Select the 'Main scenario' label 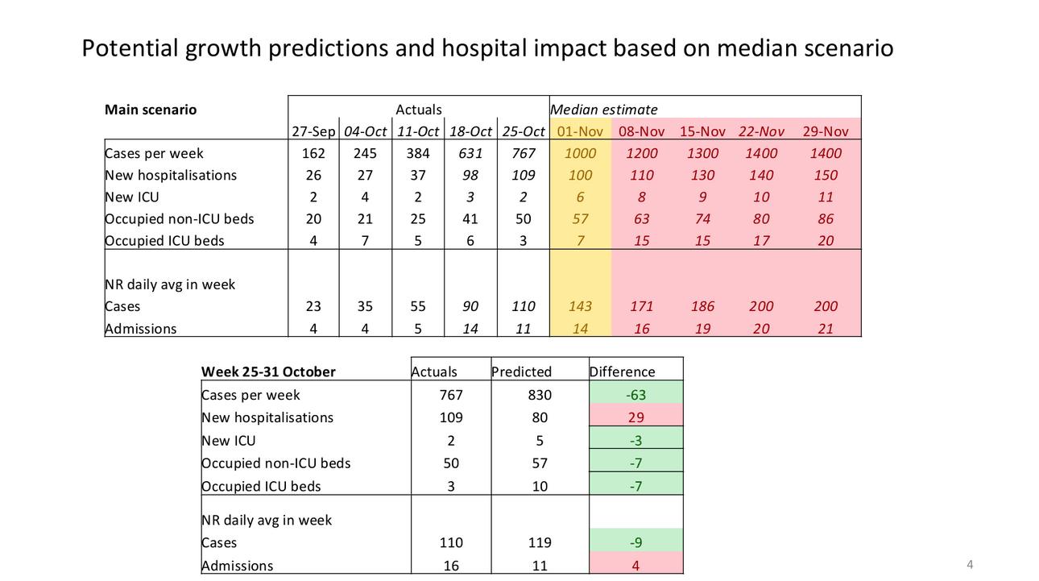coord(151,110)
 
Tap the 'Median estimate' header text coord(603,110)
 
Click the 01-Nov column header coord(580,131)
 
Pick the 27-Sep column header coord(313,131)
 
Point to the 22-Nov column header coord(761,131)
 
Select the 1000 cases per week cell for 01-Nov coord(580,153)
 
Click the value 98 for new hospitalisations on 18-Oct coord(470,175)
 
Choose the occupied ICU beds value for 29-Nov coord(826,240)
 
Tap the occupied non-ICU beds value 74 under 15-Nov coord(702,218)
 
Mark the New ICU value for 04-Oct coord(365,197)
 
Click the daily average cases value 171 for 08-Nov coord(641,306)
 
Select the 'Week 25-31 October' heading coord(268,371)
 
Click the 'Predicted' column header coord(522,371)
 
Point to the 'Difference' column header coord(623,371)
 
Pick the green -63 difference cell coord(635,395)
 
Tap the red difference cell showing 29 coord(635,417)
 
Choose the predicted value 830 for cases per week coord(540,395)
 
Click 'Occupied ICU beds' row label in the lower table coord(261,486)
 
